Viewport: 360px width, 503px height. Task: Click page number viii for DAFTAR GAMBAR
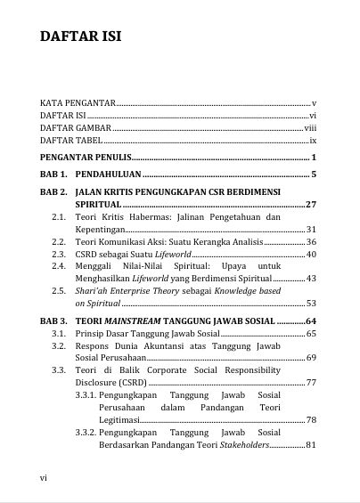[x=311, y=128]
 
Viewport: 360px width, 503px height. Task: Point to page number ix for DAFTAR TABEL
[x=313, y=141]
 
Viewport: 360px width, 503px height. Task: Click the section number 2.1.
[x=58, y=217]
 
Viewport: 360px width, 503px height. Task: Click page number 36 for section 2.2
[x=311, y=242]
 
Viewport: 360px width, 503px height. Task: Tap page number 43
[x=311, y=279]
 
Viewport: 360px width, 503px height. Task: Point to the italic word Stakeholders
[x=243, y=444]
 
